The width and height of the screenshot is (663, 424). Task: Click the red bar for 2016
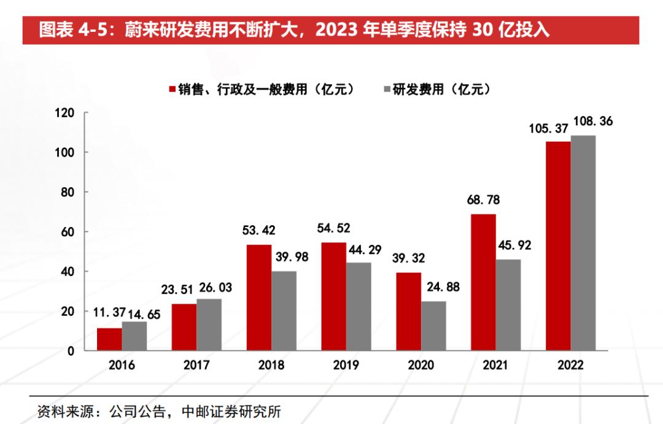click(109, 339)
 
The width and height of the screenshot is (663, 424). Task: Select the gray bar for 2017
click(209, 325)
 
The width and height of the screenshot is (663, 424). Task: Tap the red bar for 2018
click(259, 298)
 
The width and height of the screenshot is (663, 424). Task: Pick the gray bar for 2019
click(359, 307)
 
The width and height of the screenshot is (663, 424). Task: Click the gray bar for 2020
click(433, 326)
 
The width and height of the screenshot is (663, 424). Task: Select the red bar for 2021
click(483, 282)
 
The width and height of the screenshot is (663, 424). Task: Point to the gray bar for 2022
click(583, 243)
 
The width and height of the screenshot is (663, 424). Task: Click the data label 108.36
click(592, 121)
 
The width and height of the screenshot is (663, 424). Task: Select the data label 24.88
click(442, 287)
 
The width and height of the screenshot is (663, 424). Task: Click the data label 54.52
click(333, 228)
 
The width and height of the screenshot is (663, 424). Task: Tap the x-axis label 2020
click(421, 365)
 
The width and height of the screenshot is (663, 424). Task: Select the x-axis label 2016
click(122, 365)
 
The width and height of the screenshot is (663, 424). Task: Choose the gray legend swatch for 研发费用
click(387, 90)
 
